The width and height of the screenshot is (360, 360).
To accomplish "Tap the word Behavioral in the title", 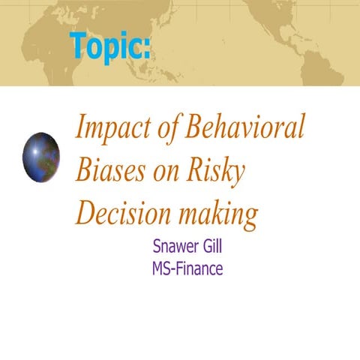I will [242, 129].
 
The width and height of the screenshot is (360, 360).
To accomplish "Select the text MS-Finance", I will [187, 268].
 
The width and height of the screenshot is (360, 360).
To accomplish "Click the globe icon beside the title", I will [41, 156].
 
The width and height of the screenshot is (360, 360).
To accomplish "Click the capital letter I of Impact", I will [80, 129].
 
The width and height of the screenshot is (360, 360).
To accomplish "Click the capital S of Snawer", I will [157, 246].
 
